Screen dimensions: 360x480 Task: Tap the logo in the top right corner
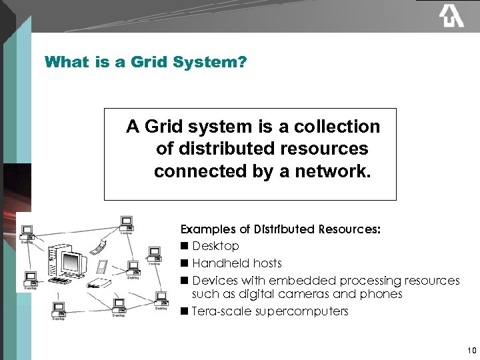click(x=451, y=15)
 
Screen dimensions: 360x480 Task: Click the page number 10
click(x=471, y=350)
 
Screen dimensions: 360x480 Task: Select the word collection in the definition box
click(x=338, y=126)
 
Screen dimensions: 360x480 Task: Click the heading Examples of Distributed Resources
click(x=281, y=229)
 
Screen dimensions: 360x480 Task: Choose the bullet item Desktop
click(x=215, y=246)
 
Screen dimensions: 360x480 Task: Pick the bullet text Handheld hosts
click(x=237, y=263)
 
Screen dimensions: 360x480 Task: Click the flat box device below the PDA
click(x=100, y=283)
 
